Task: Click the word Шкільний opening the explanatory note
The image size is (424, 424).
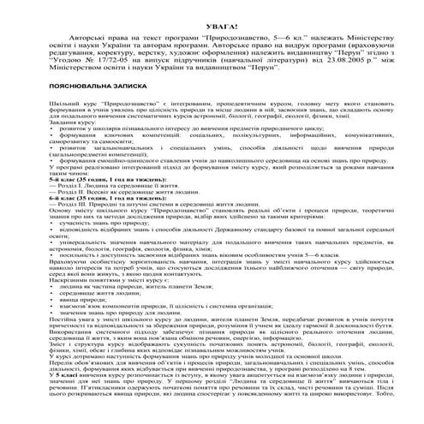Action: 48,107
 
